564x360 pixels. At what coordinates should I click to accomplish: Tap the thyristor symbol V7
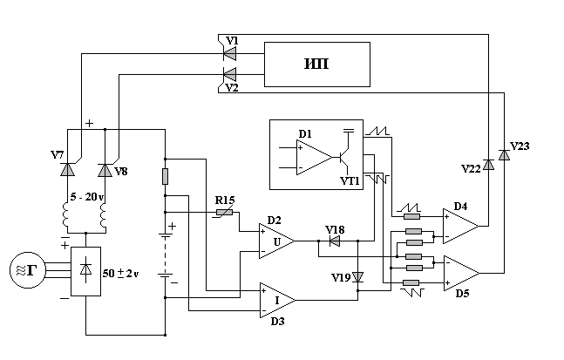coord(67,169)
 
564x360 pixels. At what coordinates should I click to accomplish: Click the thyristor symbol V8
coord(105,170)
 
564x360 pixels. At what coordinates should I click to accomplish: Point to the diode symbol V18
coord(335,241)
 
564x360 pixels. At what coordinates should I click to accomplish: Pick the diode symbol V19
coord(358,277)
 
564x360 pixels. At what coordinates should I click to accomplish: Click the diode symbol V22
coord(488,165)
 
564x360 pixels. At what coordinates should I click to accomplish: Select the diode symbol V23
coord(504,154)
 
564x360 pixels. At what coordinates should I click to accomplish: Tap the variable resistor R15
coord(224,213)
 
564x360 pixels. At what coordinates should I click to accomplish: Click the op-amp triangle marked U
coord(276,241)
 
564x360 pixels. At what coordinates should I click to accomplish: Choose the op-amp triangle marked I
coord(277,300)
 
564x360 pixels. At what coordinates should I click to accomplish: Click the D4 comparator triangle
coord(460,227)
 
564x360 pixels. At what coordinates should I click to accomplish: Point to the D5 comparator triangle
coord(461,274)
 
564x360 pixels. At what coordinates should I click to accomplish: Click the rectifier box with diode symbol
coord(85,271)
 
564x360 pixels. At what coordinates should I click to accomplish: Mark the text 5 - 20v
coord(86,197)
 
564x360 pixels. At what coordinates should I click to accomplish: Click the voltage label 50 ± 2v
coord(120,274)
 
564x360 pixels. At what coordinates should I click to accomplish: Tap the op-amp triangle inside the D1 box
coord(314,158)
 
